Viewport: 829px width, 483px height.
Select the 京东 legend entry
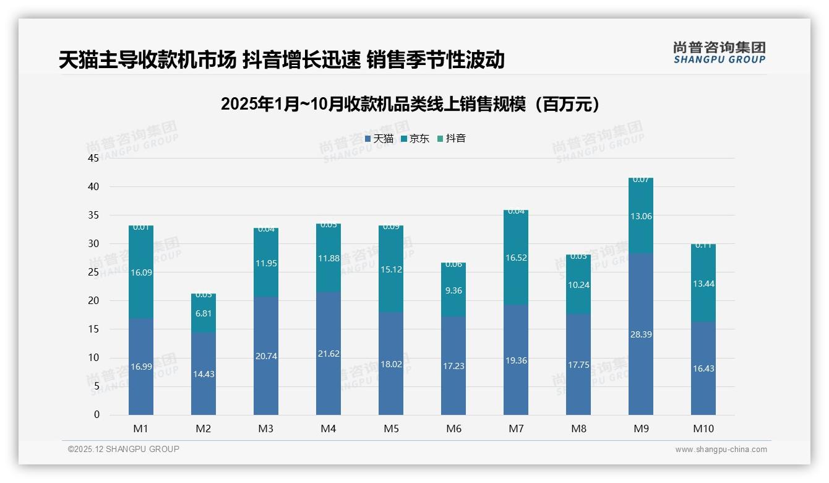[x=415, y=139]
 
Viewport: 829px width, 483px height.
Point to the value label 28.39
[x=641, y=334]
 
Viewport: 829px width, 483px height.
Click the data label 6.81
[x=204, y=314]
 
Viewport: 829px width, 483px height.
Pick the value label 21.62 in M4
[x=329, y=354]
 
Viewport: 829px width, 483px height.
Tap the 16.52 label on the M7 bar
[x=516, y=258]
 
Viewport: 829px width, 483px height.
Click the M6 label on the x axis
[x=453, y=429]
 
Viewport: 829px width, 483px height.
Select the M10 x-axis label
[x=703, y=429]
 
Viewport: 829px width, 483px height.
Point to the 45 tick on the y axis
[x=93, y=158]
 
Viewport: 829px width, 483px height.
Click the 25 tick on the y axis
[x=93, y=272]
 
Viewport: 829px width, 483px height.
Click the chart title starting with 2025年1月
[x=410, y=104]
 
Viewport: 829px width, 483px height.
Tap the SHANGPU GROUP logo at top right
[x=719, y=53]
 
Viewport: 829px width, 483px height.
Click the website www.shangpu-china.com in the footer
[x=721, y=450]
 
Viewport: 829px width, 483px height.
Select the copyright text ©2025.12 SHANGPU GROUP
[x=124, y=449]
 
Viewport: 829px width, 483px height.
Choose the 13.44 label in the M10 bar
[x=703, y=284]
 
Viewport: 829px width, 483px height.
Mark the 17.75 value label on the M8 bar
[x=578, y=365]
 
